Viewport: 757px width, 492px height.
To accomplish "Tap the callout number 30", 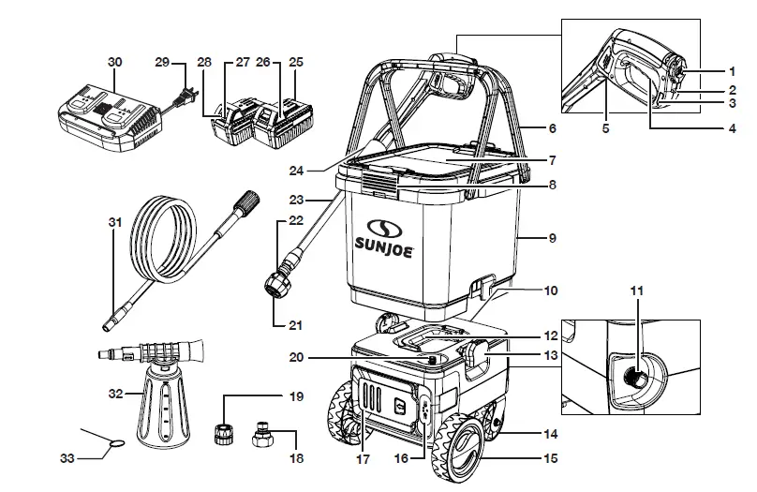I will [114, 61].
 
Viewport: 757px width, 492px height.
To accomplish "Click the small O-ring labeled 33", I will [115, 442].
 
